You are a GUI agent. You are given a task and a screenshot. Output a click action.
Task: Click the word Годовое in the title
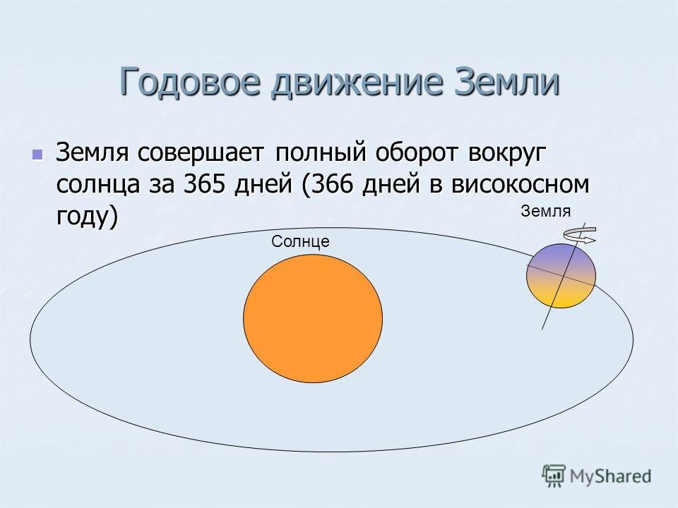coord(190,81)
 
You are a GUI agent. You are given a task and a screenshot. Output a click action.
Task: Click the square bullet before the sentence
coord(37,155)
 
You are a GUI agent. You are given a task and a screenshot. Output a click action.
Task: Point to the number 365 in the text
coord(206,184)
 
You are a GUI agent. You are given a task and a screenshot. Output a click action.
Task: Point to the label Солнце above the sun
coord(301,241)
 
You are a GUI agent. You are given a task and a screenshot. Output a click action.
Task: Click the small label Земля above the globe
coord(546,211)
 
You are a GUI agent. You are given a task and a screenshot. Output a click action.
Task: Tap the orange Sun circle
coord(313,318)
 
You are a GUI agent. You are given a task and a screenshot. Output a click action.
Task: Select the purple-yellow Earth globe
coord(561,276)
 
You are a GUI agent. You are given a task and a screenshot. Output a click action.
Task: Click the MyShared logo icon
coord(554,476)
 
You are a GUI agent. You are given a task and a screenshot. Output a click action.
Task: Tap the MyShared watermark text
coord(610,476)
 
